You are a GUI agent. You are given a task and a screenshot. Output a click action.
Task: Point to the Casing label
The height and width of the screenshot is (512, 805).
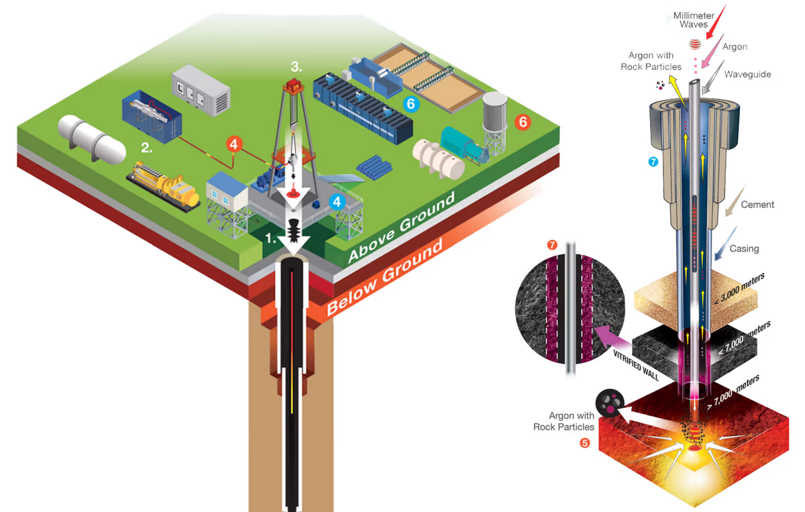pos(744,248)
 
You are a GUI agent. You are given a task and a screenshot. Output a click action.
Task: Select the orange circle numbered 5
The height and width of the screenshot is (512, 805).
pos(584,444)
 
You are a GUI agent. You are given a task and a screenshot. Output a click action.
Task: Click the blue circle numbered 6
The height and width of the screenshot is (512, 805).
pos(409,103)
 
